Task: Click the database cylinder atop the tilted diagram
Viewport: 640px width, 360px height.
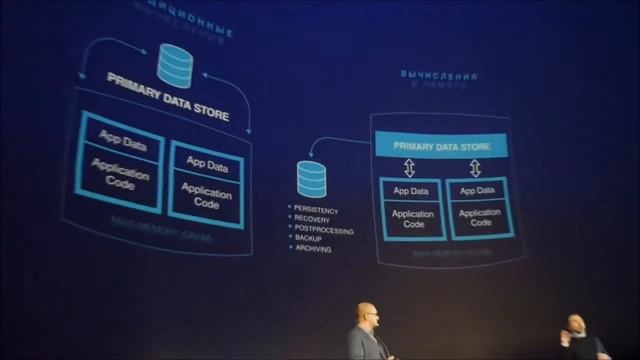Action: click(176, 66)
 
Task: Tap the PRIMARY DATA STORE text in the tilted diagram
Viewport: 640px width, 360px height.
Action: click(168, 96)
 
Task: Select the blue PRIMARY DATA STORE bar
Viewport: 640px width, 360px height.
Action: click(440, 146)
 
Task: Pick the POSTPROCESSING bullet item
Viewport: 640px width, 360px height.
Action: click(322, 228)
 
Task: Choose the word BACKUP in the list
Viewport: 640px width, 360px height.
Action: click(309, 238)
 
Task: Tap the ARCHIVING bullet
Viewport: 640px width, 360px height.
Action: click(314, 248)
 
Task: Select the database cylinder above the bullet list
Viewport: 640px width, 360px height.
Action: click(310, 179)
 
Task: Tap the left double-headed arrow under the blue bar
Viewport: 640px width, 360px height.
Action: click(409, 167)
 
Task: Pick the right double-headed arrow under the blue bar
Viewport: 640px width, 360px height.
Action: click(474, 167)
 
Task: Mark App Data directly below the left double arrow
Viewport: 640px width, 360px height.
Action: click(411, 191)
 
